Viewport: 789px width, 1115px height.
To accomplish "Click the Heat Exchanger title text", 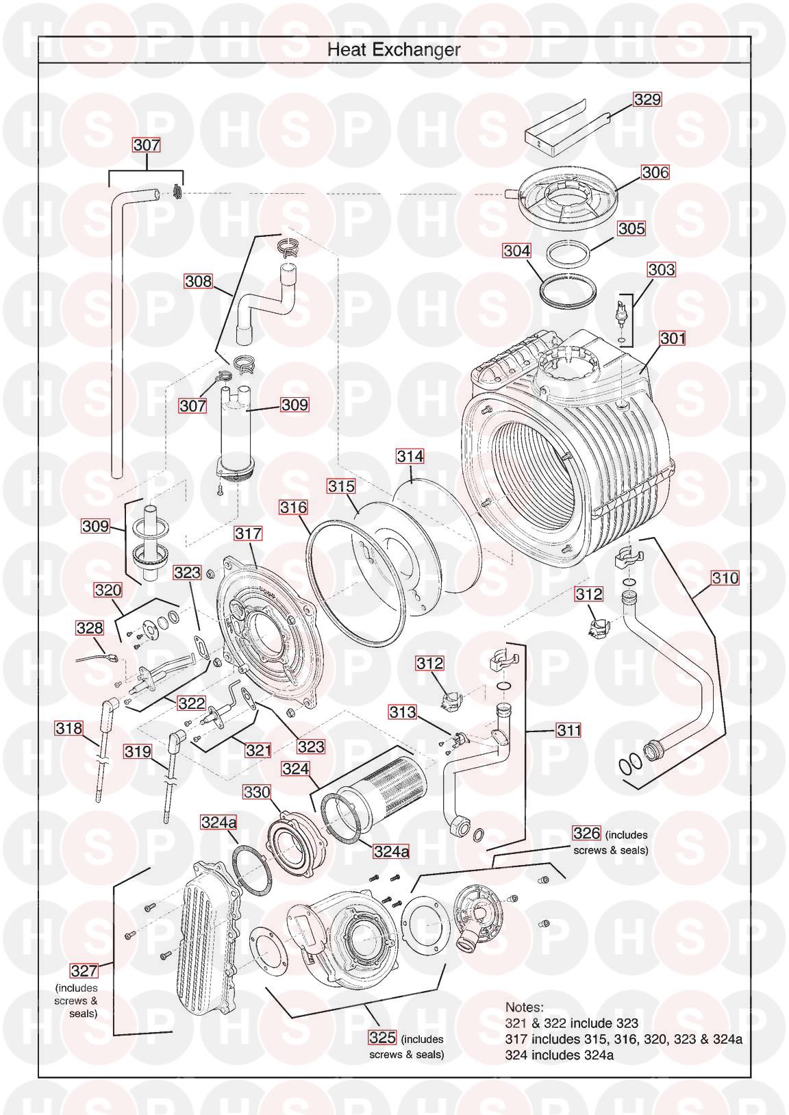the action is [x=394, y=50].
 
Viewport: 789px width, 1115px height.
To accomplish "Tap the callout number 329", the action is [x=647, y=99].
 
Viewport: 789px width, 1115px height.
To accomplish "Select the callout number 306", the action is [x=655, y=173].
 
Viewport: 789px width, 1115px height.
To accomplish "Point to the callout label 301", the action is [x=673, y=338].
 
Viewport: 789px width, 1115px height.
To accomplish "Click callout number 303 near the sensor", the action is [x=661, y=270].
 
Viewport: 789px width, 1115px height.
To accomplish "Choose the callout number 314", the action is [x=410, y=456].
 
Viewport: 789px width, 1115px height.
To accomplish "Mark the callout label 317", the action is [x=248, y=534].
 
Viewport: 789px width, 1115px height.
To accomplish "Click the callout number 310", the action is [x=725, y=579].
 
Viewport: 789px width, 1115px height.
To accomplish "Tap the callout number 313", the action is [x=402, y=712].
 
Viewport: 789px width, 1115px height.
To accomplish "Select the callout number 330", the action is [x=256, y=792].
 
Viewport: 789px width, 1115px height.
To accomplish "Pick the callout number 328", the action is [x=90, y=628].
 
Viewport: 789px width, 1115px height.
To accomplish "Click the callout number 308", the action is [x=198, y=281].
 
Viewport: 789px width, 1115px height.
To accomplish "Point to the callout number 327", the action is [x=84, y=970].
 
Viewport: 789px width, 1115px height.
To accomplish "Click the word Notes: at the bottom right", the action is [x=525, y=1007].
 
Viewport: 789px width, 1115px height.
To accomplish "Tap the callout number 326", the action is [x=586, y=833].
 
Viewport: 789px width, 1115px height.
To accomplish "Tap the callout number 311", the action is [x=568, y=730].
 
